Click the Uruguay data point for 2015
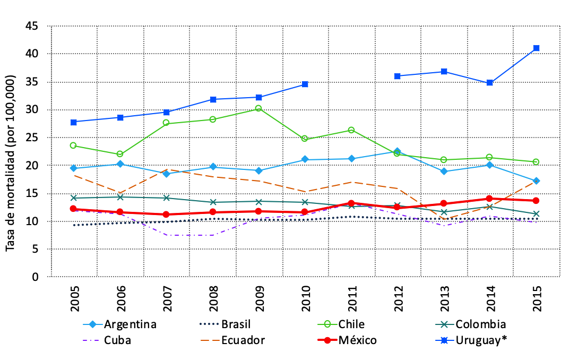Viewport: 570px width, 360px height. pyautogui.click(x=536, y=48)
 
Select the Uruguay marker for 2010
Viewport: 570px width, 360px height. pyautogui.click(x=305, y=84)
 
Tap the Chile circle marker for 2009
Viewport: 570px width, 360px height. pyautogui.click(x=258, y=108)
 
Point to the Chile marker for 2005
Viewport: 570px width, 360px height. pyautogui.click(x=73, y=145)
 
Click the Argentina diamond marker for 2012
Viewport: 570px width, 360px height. pyautogui.click(x=398, y=151)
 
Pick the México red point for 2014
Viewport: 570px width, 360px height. pyautogui.click(x=490, y=199)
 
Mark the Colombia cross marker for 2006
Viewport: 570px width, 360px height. pyautogui.click(x=120, y=197)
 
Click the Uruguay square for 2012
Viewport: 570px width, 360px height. pyautogui.click(x=398, y=76)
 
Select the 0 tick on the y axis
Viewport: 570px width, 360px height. pyautogui.click(x=36, y=277)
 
